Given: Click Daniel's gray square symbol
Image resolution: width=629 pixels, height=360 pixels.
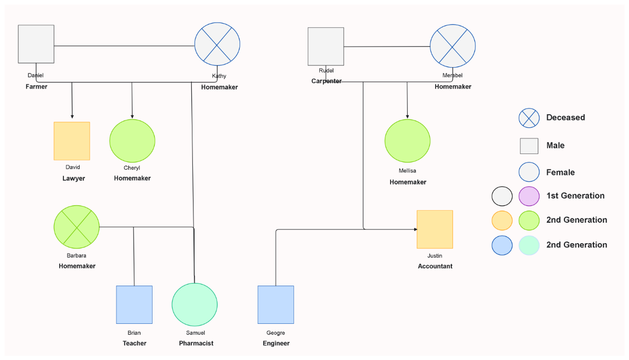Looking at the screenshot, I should pyautogui.click(x=36, y=43).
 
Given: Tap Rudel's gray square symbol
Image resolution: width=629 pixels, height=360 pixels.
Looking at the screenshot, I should pyautogui.click(x=326, y=46).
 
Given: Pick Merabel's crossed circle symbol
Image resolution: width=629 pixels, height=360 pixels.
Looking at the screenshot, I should pyautogui.click(x=453, y=46).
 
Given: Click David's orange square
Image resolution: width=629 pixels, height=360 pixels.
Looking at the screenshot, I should pyautogui.click(x=72, y=141).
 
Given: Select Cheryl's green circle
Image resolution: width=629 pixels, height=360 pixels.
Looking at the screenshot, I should pyautogui.click(x=132, y=141).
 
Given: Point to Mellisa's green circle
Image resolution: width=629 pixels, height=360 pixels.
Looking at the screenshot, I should pyautogui.click(x=407, y=141).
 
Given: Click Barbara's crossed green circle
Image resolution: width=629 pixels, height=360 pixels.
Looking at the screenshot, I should pyautogui.click(x=77, y=227).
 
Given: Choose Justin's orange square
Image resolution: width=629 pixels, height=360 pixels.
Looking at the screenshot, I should pyautogui.click(x=435, y=229).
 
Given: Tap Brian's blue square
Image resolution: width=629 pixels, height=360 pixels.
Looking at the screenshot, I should pyautogui.click(x=134, y=304).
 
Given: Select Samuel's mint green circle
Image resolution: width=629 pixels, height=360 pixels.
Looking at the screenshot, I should pyautogui.click(x=194, y=305).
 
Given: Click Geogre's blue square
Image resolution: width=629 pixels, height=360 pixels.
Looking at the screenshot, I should pyautogui.click(x=276, y=304).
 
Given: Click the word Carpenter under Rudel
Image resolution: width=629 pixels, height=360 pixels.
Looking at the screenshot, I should pyautogui.click(x=327, y=81).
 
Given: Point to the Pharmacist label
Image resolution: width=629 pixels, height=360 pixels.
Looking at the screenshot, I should pyautogui.click(x=196, y=343).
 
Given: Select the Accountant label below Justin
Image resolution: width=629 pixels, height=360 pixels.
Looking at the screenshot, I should pyautogui.click(x=435, y=266).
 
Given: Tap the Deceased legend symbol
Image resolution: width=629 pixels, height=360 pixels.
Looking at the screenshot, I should pyautogui.click(x=529, y=118).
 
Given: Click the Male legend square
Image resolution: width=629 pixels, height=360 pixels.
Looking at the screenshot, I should pyautogui.click(x=529, y=146).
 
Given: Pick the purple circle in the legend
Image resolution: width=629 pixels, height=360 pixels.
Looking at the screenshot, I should pyautogui.click(x=529, y=196).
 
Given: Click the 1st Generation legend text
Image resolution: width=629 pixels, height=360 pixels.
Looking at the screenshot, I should pyautogui.click(x=575, y=196).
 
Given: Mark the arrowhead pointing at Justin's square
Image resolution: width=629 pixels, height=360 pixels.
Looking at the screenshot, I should pyautogui.click(x=415, y=230).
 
